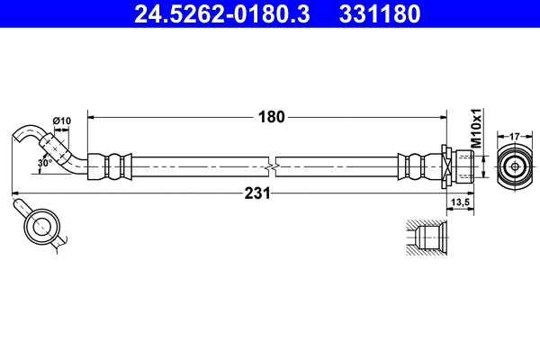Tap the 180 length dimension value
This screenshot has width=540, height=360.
271,116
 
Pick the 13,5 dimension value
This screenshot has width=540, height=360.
462,203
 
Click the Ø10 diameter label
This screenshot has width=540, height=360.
62,121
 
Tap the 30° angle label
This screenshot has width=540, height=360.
44,163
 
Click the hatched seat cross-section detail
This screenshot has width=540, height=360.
424,238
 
